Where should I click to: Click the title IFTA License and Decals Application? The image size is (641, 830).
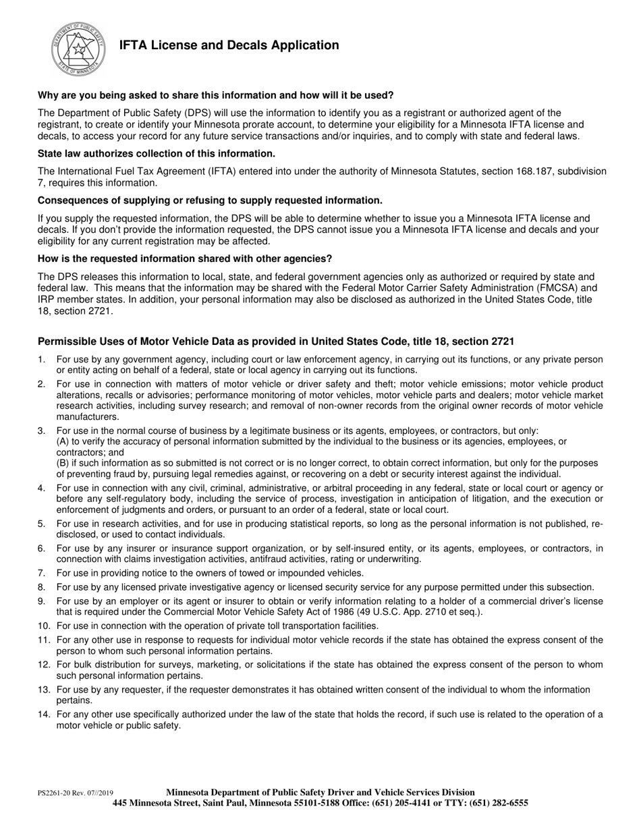(229, 45)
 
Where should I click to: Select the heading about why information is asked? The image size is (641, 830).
(215, 95)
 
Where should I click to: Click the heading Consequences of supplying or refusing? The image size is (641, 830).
(210, 200)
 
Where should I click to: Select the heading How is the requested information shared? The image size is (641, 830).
(185, 258)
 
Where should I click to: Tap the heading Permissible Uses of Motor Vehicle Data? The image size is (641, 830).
(276, 341)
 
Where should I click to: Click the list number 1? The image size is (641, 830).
(41, 360)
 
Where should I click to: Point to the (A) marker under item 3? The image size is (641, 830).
(63, 441)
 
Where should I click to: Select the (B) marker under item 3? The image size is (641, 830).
(63, 463)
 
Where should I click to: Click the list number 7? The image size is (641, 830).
(41, 573)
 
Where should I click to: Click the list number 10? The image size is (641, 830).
(43, 626)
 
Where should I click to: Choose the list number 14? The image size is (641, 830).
(43, 715)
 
